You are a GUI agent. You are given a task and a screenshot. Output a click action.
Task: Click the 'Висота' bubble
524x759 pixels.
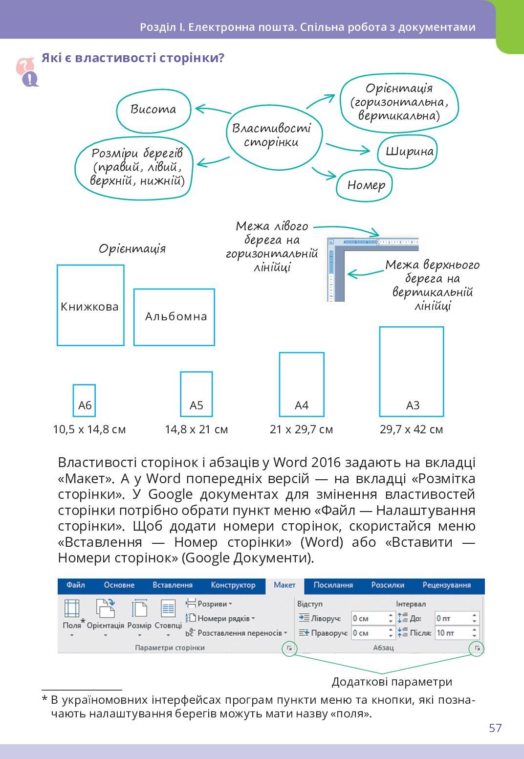[153, 109]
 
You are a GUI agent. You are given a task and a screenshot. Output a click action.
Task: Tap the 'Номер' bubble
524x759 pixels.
[366, 185]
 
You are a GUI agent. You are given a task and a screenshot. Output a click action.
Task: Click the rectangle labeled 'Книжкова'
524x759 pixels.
[90, 305]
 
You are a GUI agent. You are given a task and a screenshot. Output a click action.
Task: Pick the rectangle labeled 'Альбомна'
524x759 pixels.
[175, 316]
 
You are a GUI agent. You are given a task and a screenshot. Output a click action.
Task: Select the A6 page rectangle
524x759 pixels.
[85, 400]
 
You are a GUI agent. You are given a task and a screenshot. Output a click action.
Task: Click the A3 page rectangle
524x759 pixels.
[412, 371]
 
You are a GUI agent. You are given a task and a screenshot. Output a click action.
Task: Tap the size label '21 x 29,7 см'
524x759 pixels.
[301, 429]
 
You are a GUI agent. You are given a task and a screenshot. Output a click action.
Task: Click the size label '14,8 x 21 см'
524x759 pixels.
[196, 429]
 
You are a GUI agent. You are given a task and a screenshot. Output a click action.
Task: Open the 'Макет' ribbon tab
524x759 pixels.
[284, 585]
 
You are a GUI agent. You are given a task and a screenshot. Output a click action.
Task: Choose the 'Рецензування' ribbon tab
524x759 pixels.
[446, 585]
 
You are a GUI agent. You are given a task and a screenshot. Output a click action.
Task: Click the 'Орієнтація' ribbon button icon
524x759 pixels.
[105, 609]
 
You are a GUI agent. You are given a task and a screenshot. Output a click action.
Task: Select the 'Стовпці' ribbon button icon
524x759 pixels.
[168, 609]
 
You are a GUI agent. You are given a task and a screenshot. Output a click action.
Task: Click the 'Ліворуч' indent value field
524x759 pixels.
[370, 618]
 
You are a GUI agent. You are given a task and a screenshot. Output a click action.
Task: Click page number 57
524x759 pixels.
[495, 728]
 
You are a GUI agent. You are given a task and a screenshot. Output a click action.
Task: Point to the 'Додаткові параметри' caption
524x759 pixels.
[392, 682]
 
